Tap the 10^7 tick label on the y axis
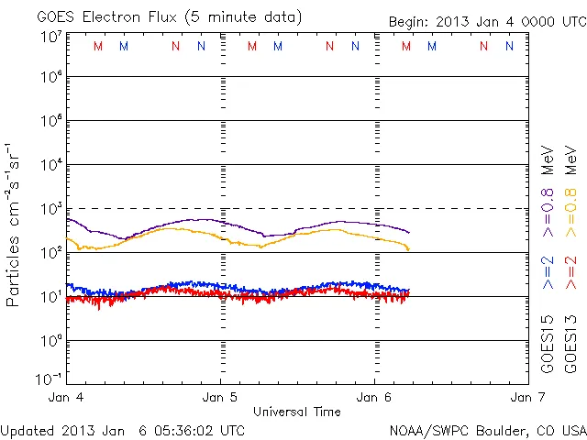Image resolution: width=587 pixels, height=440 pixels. click(50, 38)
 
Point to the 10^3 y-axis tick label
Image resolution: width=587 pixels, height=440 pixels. click(50, 209)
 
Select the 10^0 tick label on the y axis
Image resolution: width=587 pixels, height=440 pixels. click(50, 340)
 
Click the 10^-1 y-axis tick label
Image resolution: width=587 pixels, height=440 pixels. click(49, 379)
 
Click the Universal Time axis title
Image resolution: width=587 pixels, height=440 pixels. click(296, 412)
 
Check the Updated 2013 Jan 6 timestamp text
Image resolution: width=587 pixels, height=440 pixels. click(123, 430)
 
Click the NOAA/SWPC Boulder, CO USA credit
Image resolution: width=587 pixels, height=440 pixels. click(487, 430)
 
